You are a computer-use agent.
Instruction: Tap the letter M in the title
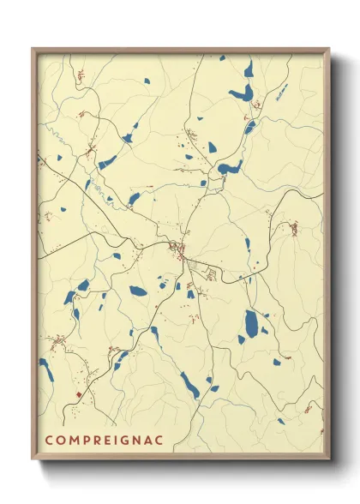[72, 440]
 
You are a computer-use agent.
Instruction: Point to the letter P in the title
[84, 440]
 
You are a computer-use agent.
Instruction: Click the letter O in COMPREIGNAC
[60, 440]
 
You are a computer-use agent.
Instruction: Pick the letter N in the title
[128, 440]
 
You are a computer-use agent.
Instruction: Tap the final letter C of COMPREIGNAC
[150, 440]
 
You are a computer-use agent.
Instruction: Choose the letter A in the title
[139, 440]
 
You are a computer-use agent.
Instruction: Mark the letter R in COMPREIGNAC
[93, 440]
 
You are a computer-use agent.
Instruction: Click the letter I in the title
[109, 440]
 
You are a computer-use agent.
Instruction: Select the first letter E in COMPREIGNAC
[102, 440]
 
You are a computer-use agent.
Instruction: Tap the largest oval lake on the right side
[251, 323]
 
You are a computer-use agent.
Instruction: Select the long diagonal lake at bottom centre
[189, 385]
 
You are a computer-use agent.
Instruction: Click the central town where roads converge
[180, 250]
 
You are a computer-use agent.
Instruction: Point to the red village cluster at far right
[294, 229]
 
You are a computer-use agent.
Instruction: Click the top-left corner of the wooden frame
[33, 48]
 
